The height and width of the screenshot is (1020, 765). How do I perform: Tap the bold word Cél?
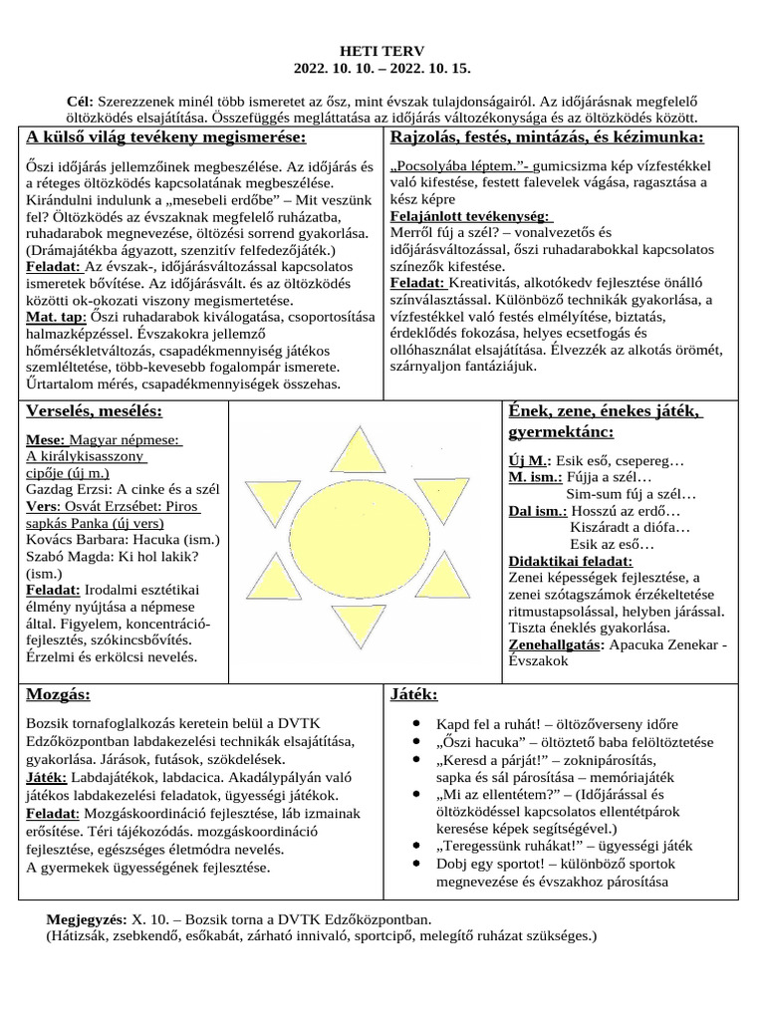pyautogui.click(x=79, y=102)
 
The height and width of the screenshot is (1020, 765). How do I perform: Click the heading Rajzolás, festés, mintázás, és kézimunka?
pyautogui.click(x=548, y=136)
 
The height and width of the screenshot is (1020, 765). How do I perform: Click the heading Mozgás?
pyautogui.click(x=58, y=693)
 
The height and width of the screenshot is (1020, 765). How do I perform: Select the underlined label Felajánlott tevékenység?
pyautogui.click(x=469, y=216)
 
